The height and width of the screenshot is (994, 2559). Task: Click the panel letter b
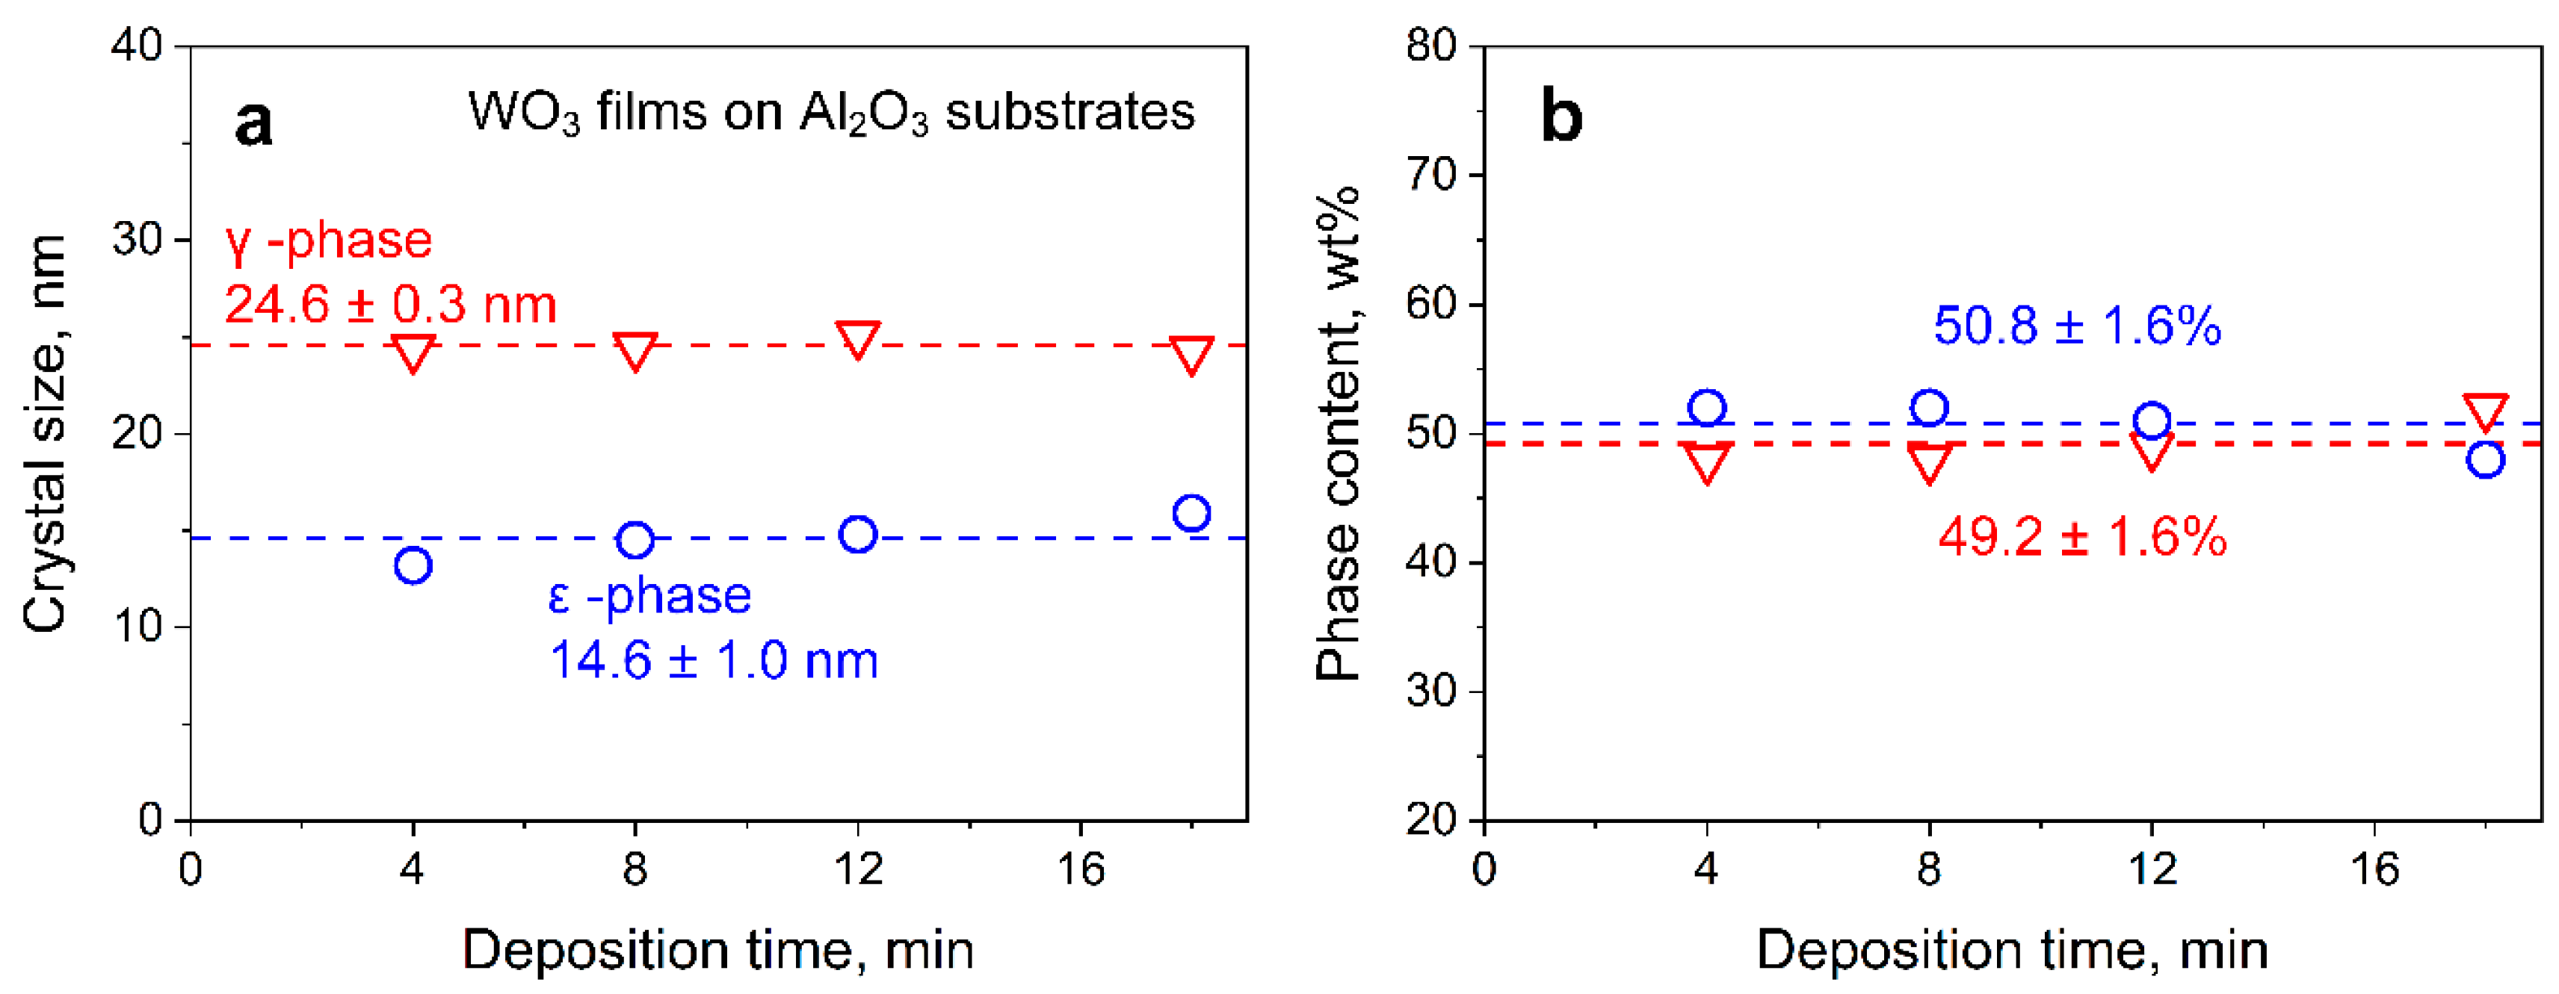click(1561, 117)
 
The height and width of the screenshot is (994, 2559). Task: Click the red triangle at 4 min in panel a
click(413, 352)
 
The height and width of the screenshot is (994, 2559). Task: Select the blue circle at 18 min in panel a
click(1191, 513)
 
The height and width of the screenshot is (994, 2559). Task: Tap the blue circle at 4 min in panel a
click(413, 566)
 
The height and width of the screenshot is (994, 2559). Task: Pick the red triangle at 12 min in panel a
click(858, 338)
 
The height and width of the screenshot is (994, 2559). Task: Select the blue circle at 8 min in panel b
click(1929, 408)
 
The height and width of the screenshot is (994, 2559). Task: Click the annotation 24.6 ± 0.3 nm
click(390, 304)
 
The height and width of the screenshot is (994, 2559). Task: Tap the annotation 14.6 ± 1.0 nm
click(713, 660)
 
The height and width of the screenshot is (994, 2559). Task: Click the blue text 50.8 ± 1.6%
click(2076, 326)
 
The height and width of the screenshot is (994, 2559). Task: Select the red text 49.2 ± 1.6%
click(2082, 537)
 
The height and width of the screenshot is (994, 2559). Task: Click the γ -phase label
click(329, 240)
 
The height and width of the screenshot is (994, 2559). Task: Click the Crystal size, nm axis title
click(45, 433)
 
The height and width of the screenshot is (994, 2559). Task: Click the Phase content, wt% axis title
click(1338, 433)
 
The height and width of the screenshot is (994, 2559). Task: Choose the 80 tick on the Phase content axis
click(1430, 46)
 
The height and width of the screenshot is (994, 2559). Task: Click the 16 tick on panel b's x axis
click(2374, 871)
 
